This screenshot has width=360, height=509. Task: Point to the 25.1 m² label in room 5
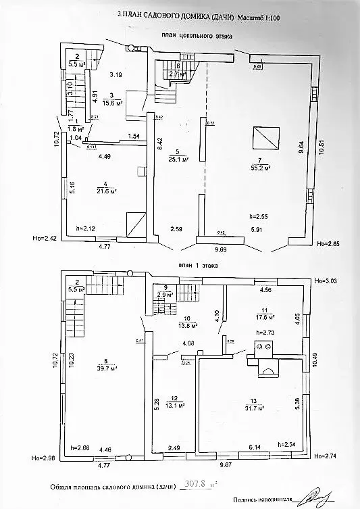178,160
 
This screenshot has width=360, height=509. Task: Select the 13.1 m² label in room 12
177,406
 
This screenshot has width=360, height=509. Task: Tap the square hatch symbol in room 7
264,138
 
